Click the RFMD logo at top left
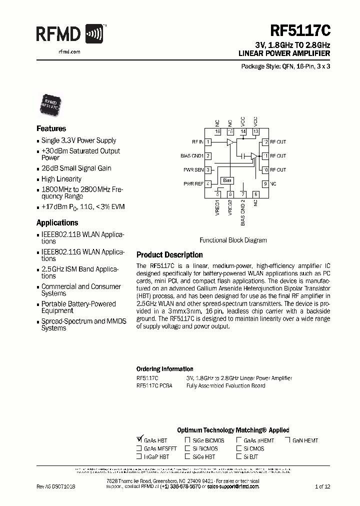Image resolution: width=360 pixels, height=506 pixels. click(69, 34)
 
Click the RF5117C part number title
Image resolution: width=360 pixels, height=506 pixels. click(300, 31)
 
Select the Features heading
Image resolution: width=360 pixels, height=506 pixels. click(51, 128)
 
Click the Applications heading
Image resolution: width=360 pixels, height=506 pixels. click(57, 222)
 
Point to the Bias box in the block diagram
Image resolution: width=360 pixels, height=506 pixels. click(227, 180)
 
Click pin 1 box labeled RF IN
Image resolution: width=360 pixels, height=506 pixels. click(208, 142)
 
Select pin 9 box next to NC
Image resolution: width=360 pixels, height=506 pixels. click(265, 184)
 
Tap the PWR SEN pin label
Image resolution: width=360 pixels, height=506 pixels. click(193, 170)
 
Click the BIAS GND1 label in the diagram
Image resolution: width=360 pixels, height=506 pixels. click(192, 156)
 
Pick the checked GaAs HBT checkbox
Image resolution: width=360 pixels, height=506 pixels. click(139, 440)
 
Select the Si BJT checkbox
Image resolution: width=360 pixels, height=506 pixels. click(239, 456)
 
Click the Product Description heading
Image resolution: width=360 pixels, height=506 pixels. click(169, 255)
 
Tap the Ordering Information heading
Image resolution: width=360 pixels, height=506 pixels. click(164, 369)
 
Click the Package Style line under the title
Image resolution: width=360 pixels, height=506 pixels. click(285, 66)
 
